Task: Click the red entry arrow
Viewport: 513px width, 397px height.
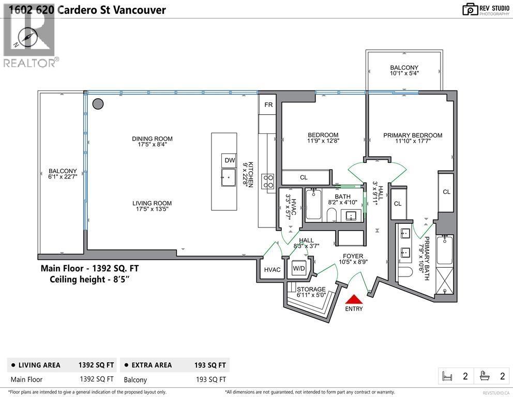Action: (354, 299)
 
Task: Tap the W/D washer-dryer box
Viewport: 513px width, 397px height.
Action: (299, 269)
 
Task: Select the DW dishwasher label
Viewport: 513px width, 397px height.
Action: (230, 160)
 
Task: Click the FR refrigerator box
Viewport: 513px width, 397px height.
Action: (268, 105)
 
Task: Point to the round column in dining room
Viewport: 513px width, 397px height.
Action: (97, 104)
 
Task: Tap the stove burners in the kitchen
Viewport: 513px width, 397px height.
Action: (269, 181)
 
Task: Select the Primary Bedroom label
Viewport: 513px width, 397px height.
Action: (412, 135)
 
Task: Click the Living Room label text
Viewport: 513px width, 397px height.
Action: (152, 203)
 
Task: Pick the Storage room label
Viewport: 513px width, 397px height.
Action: (311, 289)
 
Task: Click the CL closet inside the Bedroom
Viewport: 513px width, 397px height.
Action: (304, 177)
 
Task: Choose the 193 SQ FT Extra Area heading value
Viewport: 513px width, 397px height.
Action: (210, 365)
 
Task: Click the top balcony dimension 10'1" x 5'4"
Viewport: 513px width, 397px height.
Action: (404, 73)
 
